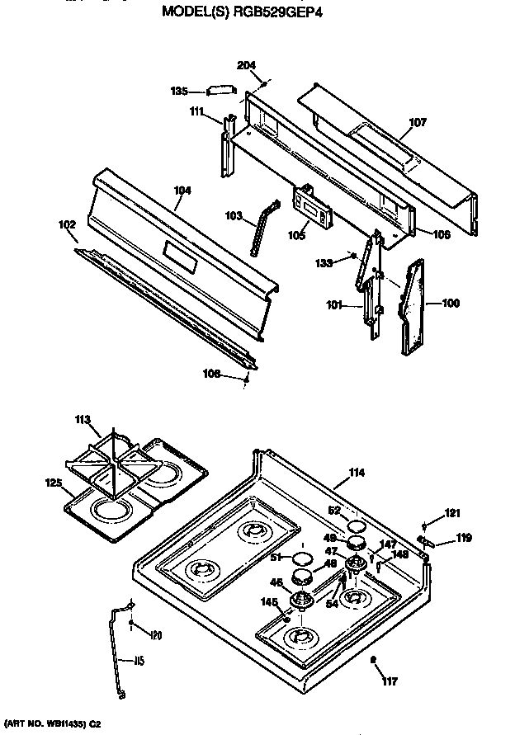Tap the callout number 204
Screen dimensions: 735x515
pos(246,65)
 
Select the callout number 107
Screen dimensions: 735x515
pos(418,123)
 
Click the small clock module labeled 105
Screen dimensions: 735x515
pos(310,206)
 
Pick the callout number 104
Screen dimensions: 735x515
pos(182,191)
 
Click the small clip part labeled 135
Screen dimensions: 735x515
pos(221,91)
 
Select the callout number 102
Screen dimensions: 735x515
pos(67,224)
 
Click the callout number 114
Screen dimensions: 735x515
pos(356,472)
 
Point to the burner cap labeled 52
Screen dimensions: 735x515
pos(356,525)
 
